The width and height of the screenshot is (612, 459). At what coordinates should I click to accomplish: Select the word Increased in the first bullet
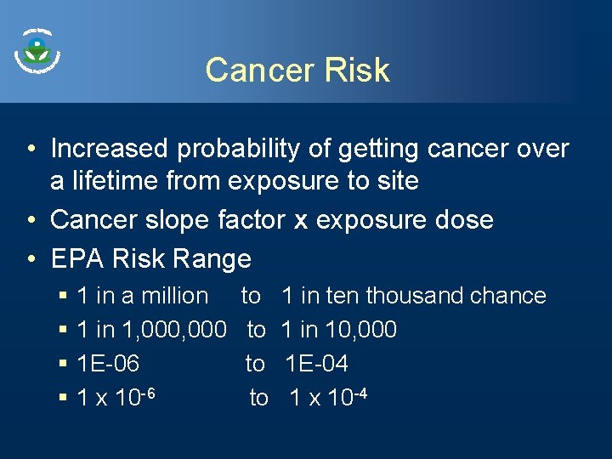(x=110, y=149)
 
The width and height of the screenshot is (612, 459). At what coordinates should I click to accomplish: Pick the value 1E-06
(x=108, y=364)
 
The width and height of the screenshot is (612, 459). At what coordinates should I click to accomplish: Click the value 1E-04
(x=316, y=364)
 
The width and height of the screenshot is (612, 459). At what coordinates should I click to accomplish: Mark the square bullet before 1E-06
(x=64, y=364)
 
